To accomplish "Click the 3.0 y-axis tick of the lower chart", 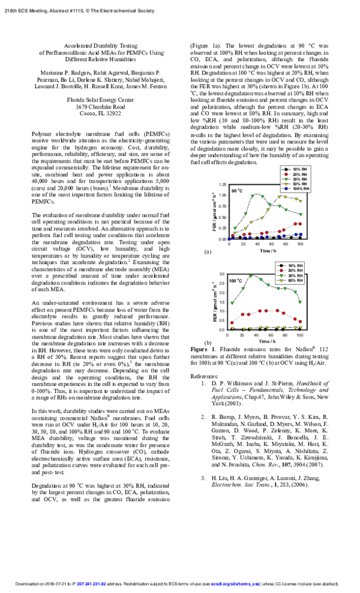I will (222, 274).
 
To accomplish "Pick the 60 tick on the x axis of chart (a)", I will (272, 244).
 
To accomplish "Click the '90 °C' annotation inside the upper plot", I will (236, 191).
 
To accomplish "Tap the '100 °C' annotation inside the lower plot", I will (236, 280).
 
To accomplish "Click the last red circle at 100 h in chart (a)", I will (301, 223).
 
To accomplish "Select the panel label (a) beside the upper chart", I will (208, 252).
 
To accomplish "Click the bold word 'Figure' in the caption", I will (199, 349).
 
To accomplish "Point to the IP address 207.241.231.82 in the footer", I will (88, 583).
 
